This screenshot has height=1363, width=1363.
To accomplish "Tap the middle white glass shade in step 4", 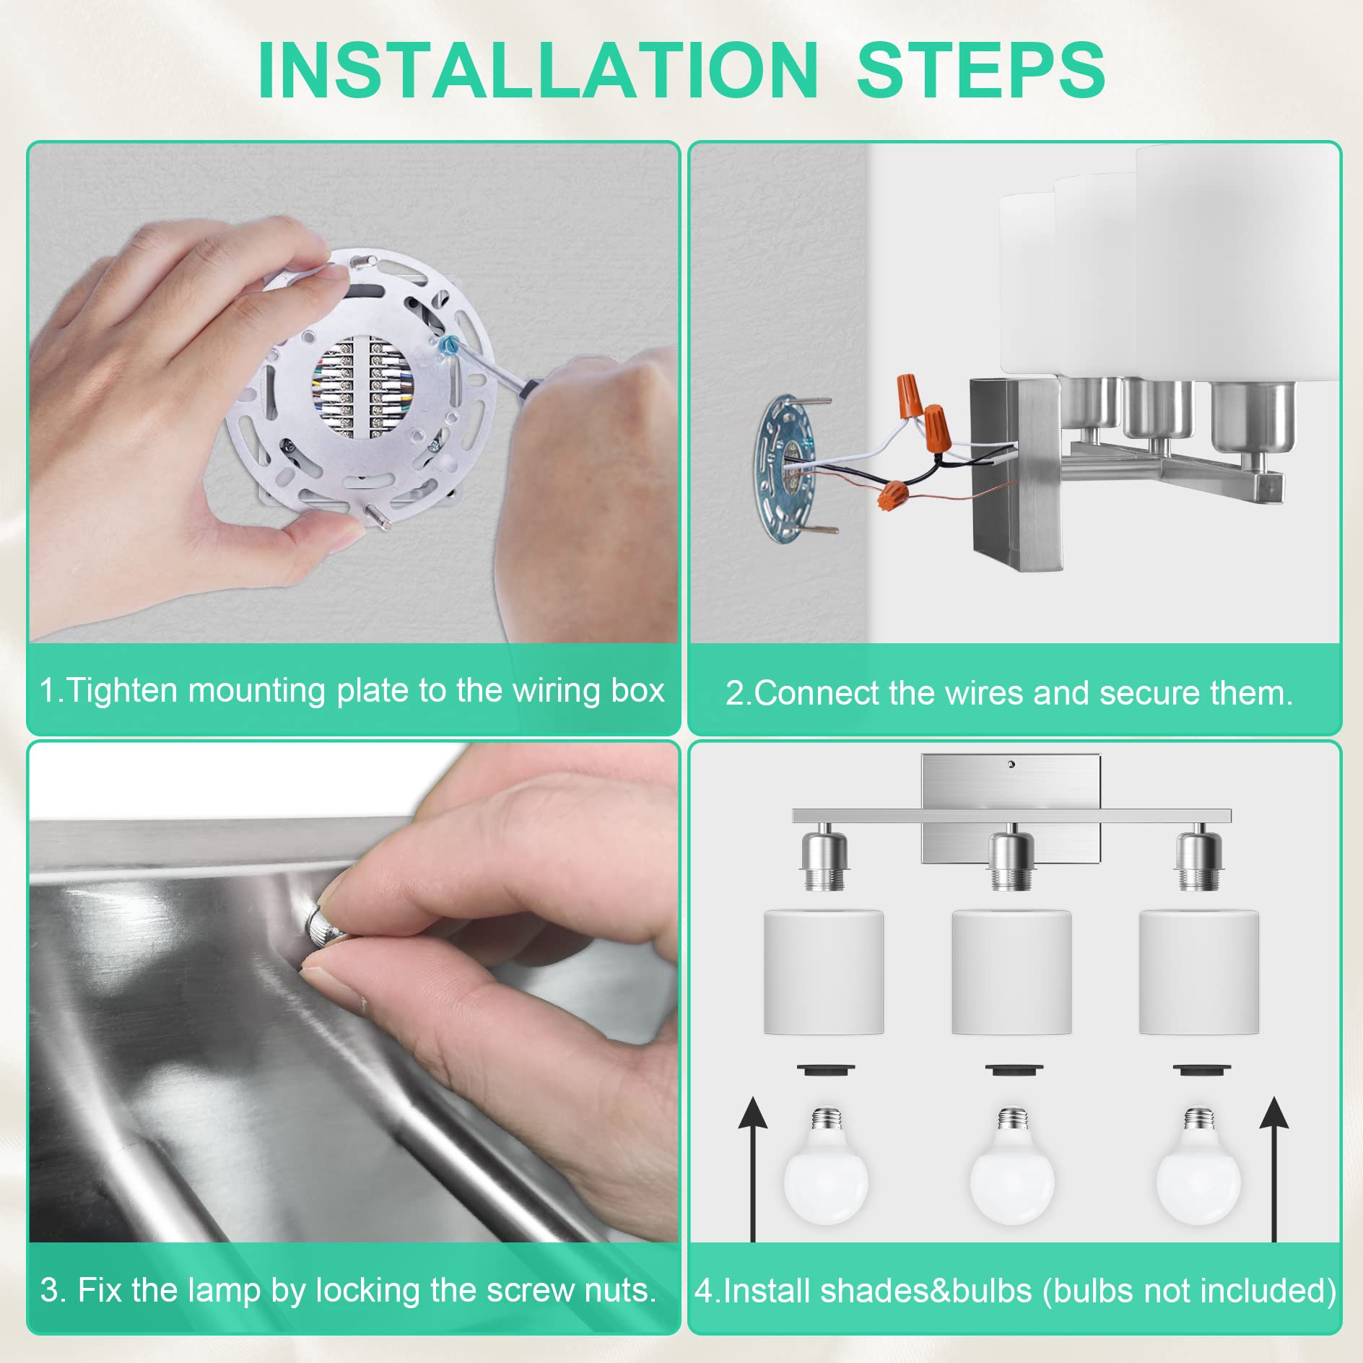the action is (1011, 972).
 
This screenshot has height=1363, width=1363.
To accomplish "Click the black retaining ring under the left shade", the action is (826, 1069).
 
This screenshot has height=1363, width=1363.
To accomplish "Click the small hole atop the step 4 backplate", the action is (1011, 764).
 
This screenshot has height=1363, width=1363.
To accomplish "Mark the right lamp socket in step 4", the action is (1198, 861).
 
